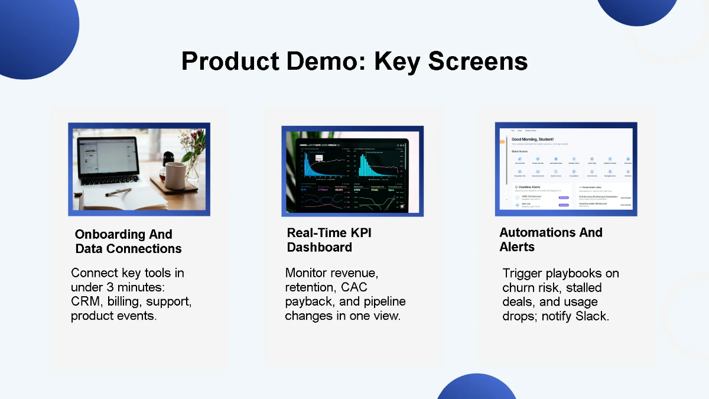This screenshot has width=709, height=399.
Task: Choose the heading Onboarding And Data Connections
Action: [128, 241]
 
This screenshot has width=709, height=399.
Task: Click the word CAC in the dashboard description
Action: [355, 287]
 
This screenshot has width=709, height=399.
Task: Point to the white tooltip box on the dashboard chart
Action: [318, 158]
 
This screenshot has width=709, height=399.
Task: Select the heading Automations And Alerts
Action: [550, 239]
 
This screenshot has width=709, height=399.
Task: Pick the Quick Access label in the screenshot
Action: [520, 151]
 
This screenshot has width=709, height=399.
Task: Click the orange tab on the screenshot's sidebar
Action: [503, 142]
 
